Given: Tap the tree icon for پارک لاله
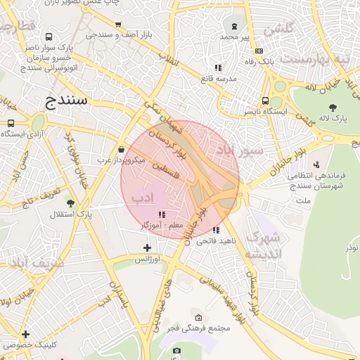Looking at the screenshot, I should (x=333, y=108).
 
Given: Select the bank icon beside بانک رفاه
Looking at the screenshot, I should (x=259, y=51).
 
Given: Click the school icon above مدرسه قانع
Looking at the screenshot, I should (x=218, y=67).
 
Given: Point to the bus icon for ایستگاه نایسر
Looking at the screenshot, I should (x=265, y=101).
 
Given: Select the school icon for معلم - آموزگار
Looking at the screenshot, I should (x=162, y=214).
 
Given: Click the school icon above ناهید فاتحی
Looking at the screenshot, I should (x=216, y=230).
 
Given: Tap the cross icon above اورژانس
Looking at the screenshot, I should (x=147, y=247).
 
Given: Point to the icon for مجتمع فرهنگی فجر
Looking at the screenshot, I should (x=198, y=317).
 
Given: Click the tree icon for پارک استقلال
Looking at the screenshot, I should (x=70, y=202).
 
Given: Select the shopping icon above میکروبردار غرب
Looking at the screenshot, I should (x=122, y=150).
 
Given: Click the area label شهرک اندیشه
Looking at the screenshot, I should (x=264, y=245).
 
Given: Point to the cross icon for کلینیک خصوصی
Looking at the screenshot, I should (x=25, y=334).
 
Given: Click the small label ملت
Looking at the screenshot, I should (x=304, y=201).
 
